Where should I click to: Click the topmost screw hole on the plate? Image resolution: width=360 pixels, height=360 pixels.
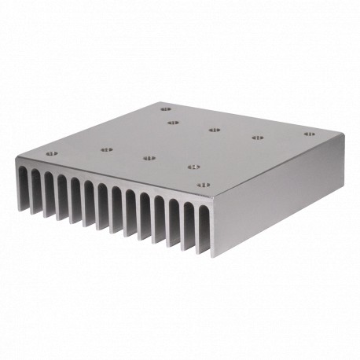[165, 109]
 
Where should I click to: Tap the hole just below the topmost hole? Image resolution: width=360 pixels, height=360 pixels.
[173, 123]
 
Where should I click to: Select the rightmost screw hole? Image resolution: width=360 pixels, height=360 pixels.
[309, 134]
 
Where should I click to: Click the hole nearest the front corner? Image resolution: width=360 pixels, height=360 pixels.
[202, 186]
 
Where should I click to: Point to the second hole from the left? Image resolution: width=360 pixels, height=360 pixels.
[105, 147]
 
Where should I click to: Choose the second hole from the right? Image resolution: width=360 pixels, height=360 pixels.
[256, 138]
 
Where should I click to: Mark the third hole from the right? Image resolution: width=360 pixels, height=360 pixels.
[214, 130]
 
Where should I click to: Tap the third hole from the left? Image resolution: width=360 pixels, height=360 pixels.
[149, 158]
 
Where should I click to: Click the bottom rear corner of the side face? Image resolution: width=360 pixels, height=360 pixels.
[343, 184]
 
